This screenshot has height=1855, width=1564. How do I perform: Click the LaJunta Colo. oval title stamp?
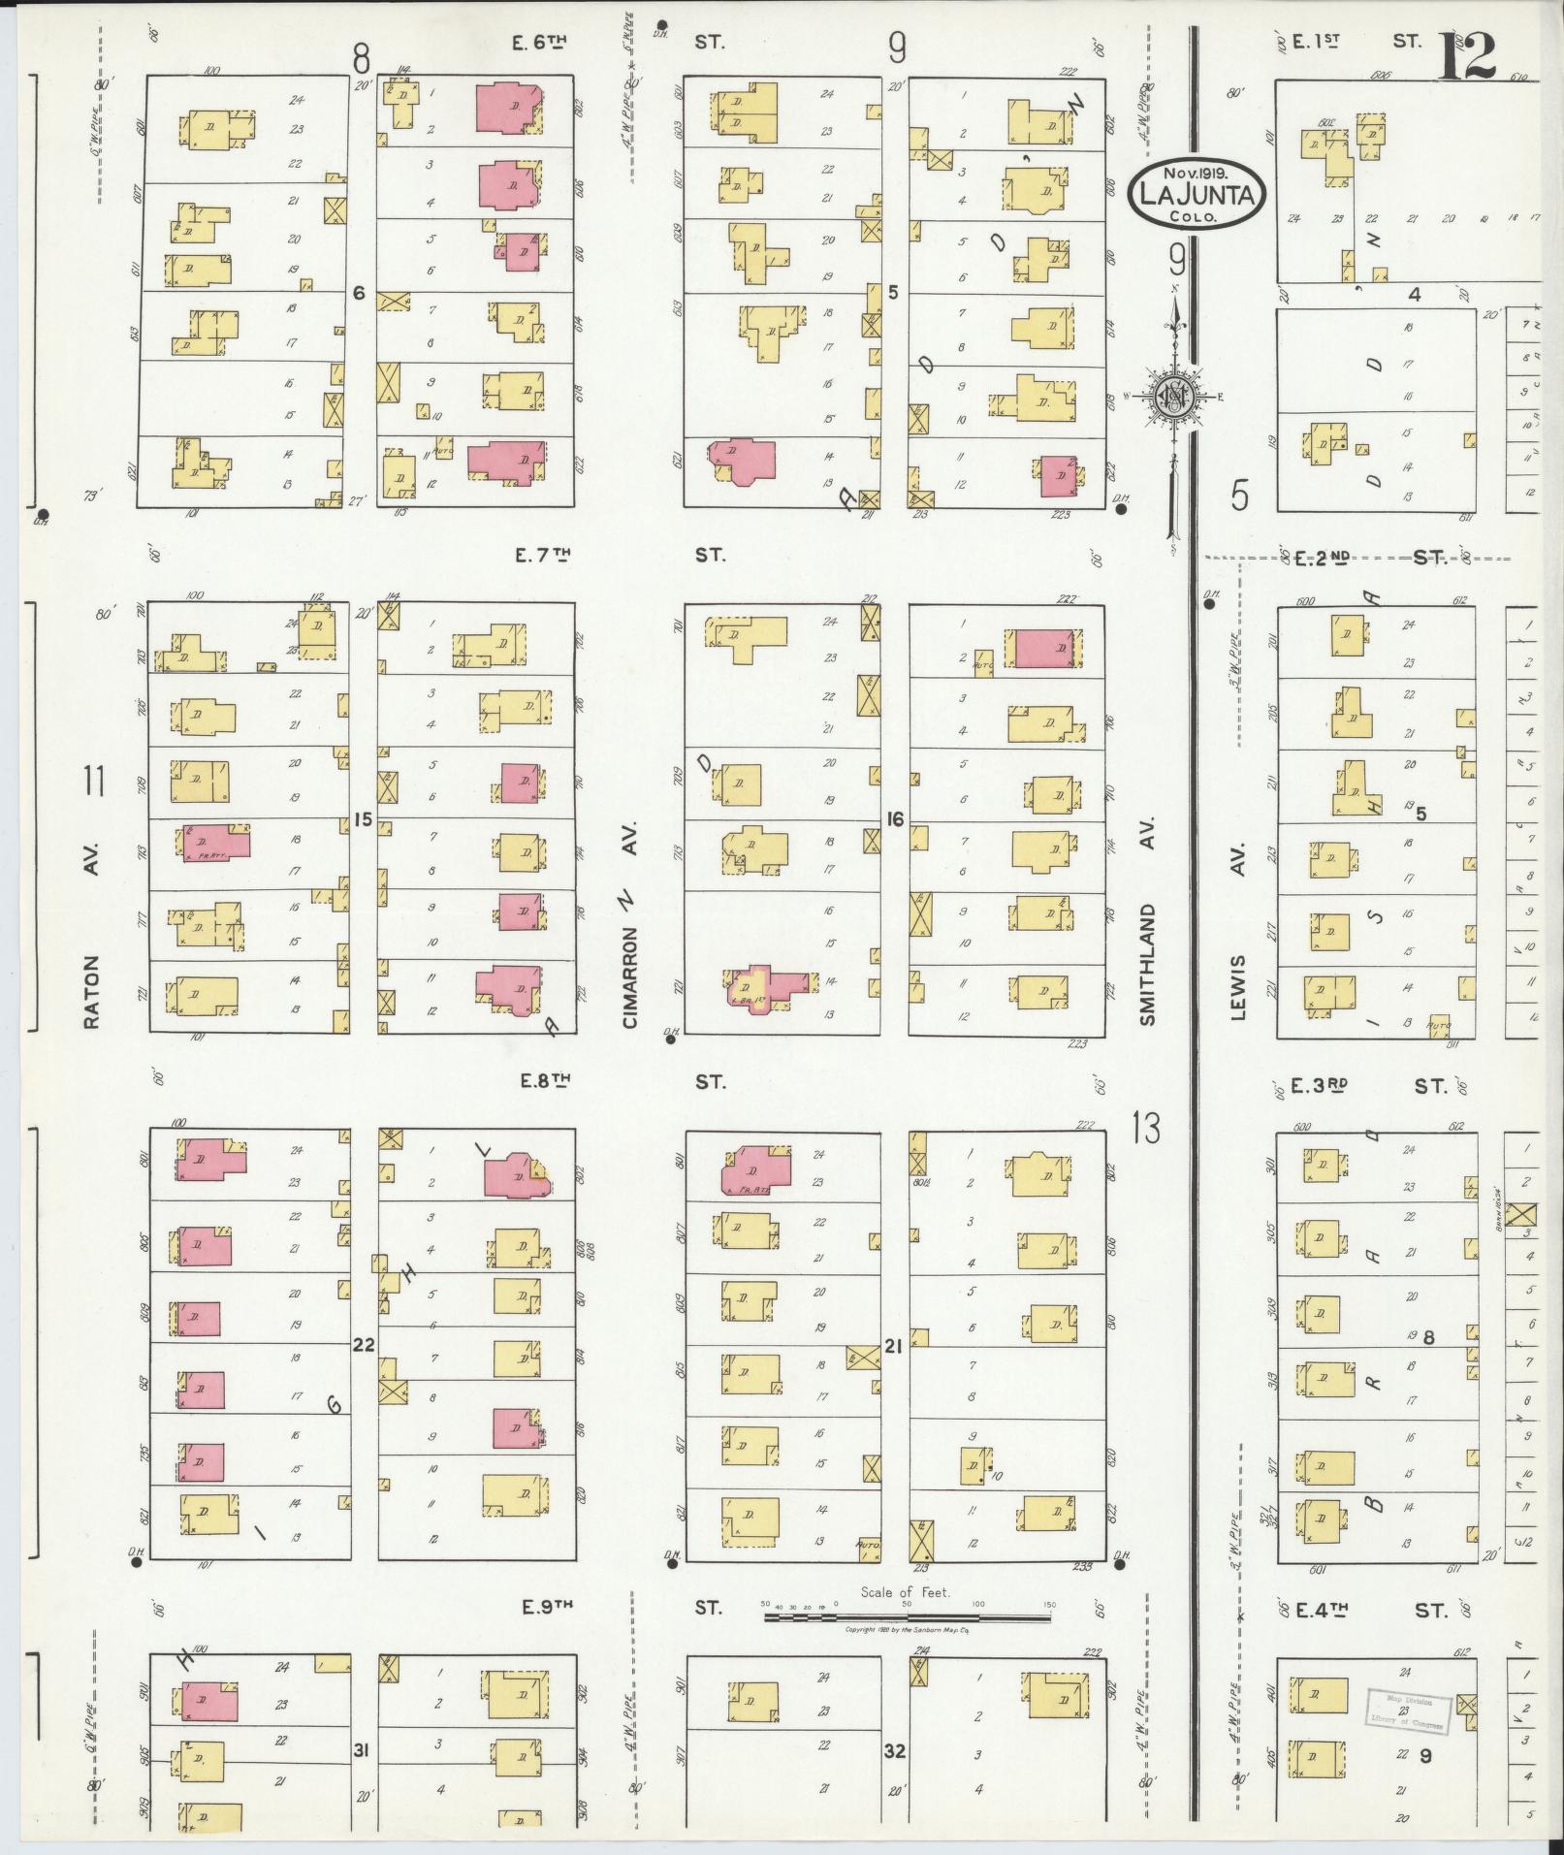tap(1197, 194)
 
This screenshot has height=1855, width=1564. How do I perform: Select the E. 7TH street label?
tap(545, 555)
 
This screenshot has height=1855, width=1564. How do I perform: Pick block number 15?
tap(363, 820)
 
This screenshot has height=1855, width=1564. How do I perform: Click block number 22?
tap(363, 1345)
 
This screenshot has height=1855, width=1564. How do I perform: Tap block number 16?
tap(894, 820)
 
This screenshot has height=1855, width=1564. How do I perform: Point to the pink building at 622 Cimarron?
tap(504, 462)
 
